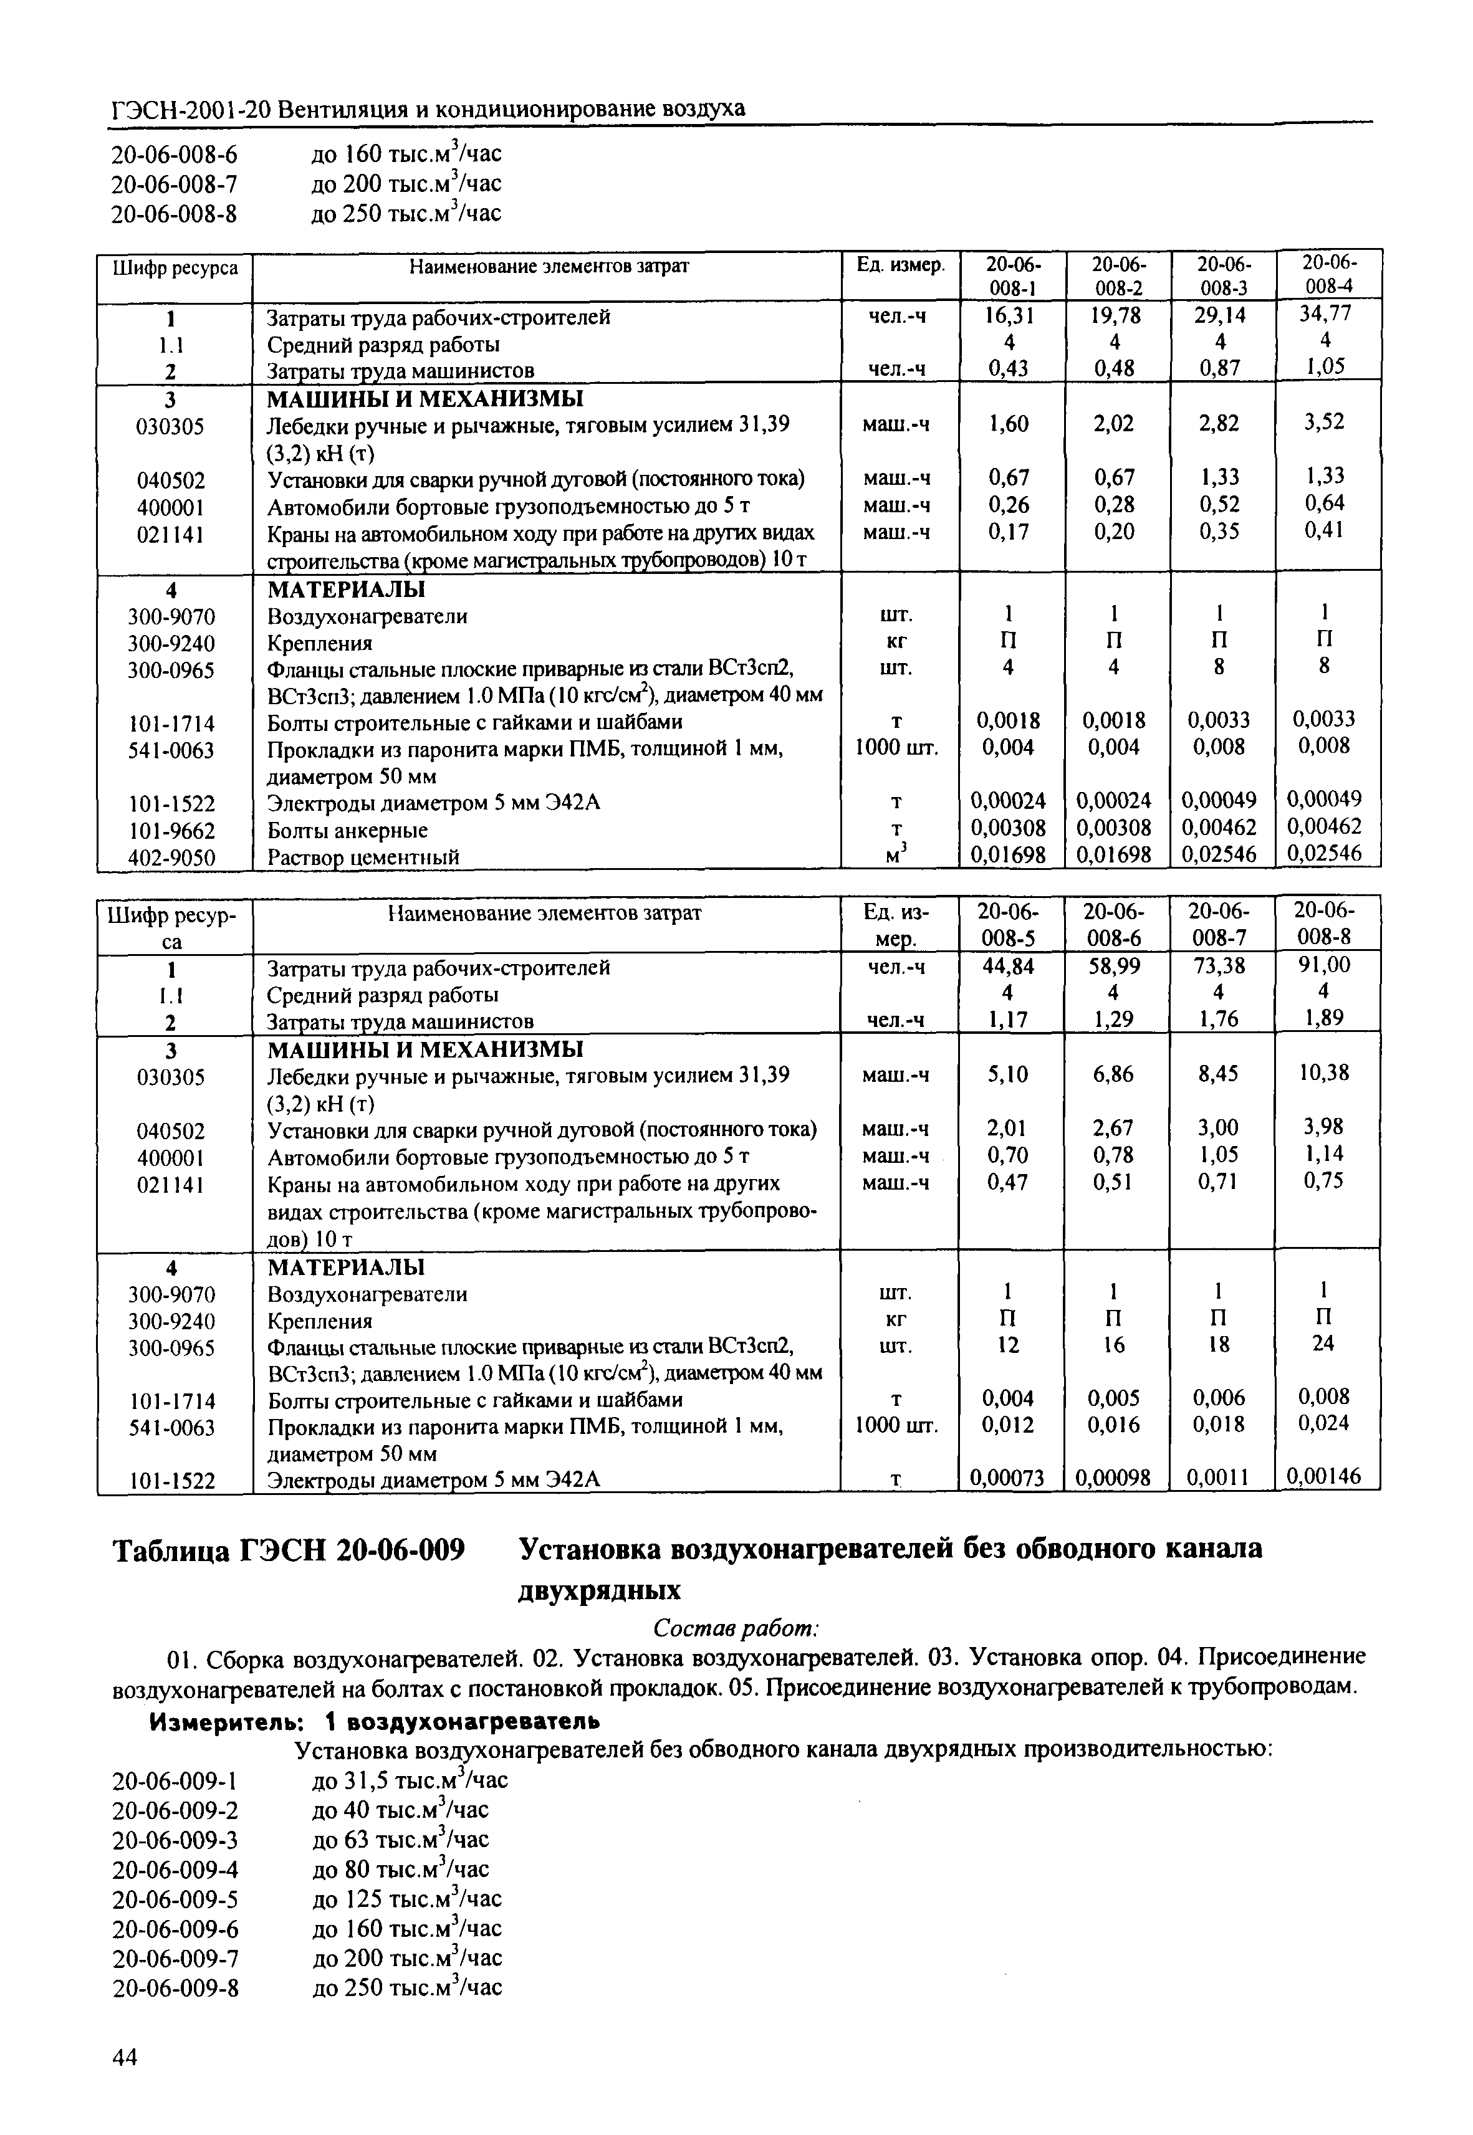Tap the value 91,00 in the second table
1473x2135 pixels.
click(1325, 965)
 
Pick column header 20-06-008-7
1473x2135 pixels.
click(1219, 924)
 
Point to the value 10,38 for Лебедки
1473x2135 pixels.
click(1325, 1072)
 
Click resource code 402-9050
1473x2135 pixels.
click(171, 857)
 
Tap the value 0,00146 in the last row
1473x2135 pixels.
click(1325, 1476)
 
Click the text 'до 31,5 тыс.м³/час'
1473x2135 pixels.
click(409, 1780)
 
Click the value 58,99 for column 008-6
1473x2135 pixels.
click(1115, 966)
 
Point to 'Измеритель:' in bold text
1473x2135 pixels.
click(226, 1722)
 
